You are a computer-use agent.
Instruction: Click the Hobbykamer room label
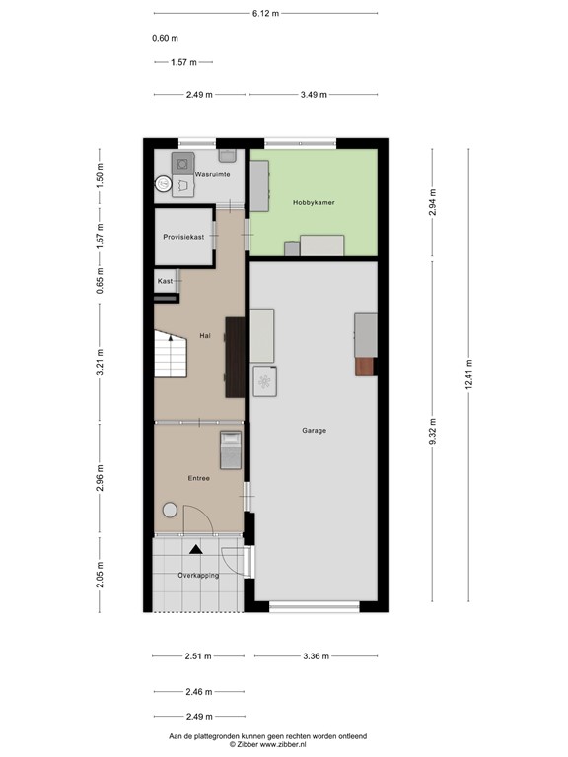(314, 202)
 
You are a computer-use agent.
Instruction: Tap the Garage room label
(315, 430)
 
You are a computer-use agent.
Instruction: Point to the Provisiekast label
(184, 237)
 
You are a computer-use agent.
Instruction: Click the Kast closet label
(165, 281)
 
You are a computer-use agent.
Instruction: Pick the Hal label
(205, 335)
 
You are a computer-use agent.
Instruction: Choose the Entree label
(199, 478)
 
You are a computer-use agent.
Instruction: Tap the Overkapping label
(198, 575)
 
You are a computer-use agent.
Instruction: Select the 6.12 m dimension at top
(265, 14)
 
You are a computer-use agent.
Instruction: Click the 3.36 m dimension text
(316, 656)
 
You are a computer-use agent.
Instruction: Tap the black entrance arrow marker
(197, 549)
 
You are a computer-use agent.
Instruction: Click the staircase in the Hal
(171, 355)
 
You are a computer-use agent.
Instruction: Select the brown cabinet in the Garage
(366, 366)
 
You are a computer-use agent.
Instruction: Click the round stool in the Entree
(170, 511)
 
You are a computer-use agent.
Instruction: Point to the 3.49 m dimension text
(313, 95)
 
